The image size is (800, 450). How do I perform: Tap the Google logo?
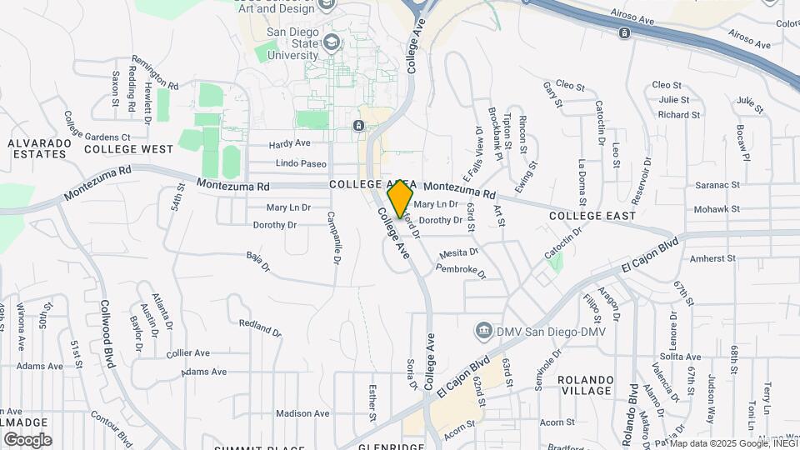coord(27,439)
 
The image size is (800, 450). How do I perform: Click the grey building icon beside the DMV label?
coord(482,332)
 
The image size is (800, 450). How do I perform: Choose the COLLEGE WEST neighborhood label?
coord(128,149)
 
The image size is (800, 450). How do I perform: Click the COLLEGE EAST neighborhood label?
coord(592,216)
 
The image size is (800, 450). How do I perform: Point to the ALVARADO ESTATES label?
coord(37,148)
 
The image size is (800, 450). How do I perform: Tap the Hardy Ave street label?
coord(290,143)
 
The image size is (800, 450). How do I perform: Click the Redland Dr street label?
coord(259,327)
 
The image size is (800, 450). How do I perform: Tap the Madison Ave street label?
coord(302,413)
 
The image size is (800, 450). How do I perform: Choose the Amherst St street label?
coord(713,258)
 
